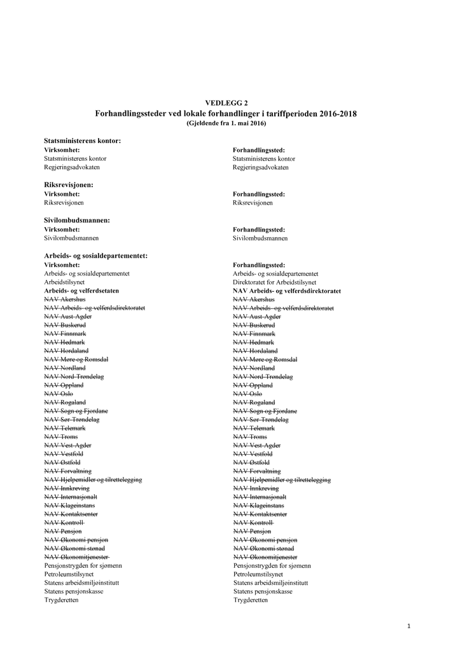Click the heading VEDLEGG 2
pos(226,102)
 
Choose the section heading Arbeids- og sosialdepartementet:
pos(95,256)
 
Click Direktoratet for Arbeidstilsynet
pos(274,282)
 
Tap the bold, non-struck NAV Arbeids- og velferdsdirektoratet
pos(287,291)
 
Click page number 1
pos(409,626)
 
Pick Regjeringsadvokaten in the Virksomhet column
pos(71,167)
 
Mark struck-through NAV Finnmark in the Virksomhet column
pos(65,333)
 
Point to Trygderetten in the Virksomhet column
pos(61,600)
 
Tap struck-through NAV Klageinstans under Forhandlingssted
pos(258,505)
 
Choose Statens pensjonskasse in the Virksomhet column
pos(74,591)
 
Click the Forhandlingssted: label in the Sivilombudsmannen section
pos(258,229)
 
